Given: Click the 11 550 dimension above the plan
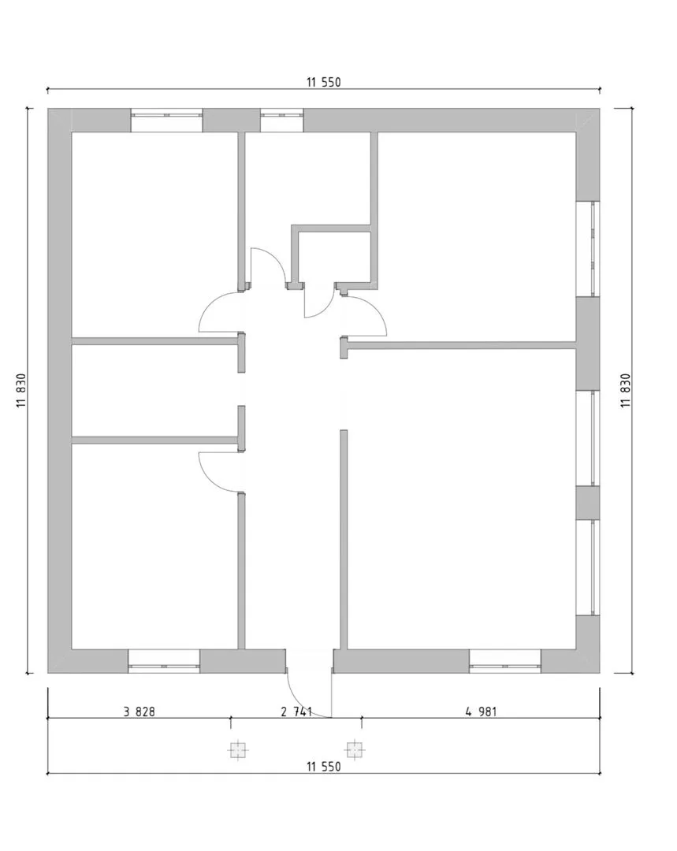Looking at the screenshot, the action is [324, 83].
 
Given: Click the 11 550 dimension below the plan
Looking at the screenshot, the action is [324, 767].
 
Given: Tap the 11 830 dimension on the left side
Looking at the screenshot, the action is [22, 391].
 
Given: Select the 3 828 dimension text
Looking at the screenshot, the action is [139, 711].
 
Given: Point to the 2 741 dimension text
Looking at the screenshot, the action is [296, 711].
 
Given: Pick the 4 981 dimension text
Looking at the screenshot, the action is [481, 711].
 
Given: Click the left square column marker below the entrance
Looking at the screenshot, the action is [237, 750].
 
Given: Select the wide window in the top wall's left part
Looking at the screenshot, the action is [166, 120].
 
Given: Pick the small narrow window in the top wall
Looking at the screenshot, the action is [282, 120].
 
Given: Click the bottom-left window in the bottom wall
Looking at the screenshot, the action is [164, 661].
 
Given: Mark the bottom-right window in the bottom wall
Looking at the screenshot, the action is [505, 661].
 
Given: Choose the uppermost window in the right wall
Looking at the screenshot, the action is [588, 249].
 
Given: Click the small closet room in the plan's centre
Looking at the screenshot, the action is [334, 256].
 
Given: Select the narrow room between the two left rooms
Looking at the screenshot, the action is [154, 391].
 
